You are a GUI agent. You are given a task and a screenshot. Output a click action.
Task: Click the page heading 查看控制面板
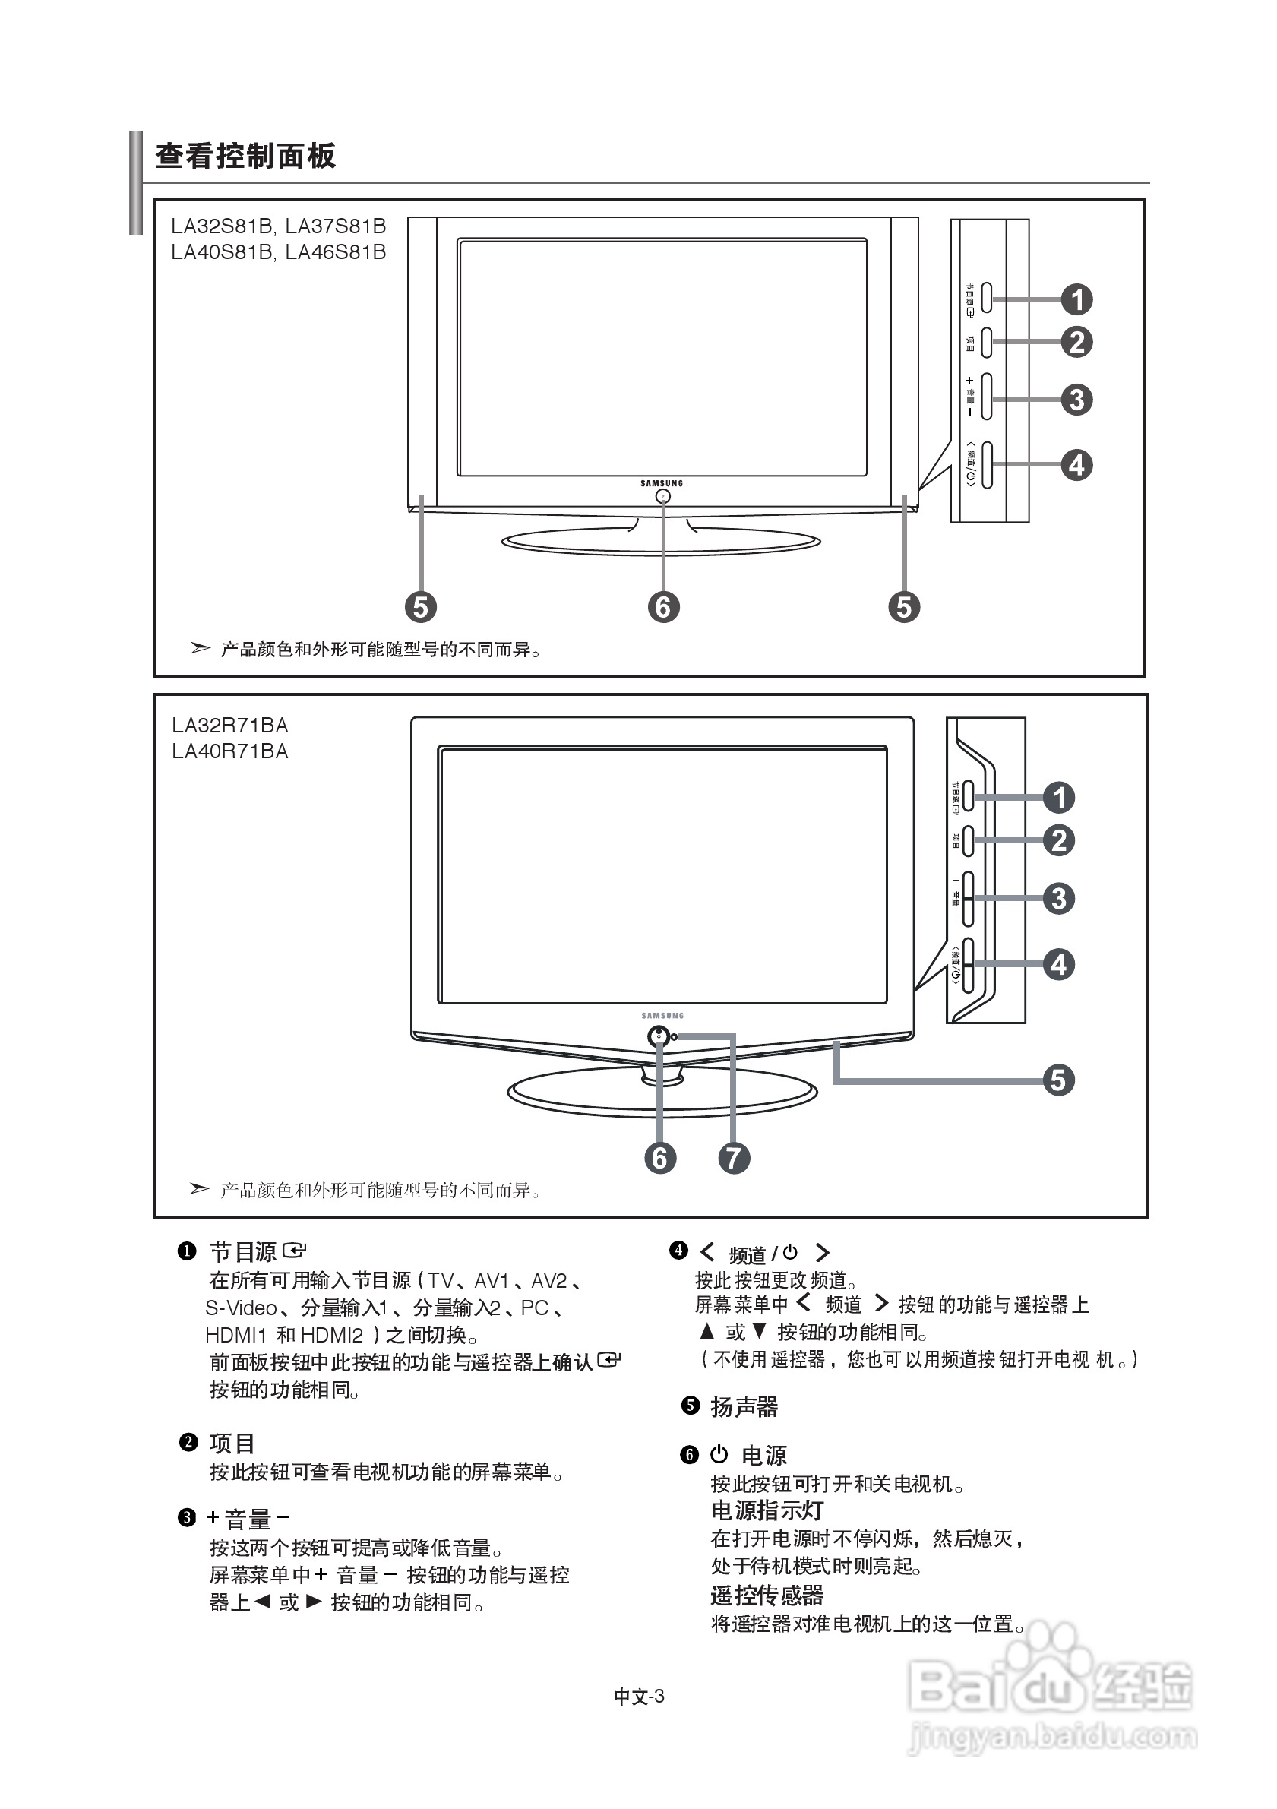point(245,156)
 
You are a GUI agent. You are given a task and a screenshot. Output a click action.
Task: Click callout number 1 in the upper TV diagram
point(1077,299)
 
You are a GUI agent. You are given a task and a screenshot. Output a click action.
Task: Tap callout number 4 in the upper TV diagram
point(1077,465)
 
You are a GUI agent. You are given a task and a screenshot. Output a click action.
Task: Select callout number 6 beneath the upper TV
point(663,607)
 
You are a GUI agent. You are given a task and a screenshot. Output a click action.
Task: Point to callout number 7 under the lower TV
point(733,1157)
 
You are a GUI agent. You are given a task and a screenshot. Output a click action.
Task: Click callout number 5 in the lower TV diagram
point(1058,1080)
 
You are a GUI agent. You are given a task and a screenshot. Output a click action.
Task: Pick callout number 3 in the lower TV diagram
point(1059,898)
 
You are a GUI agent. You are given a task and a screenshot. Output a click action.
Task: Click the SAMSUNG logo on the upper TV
point(662,483)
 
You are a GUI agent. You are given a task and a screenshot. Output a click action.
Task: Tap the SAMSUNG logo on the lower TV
point(662,1016)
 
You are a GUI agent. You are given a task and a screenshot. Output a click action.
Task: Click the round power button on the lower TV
point(659,1036)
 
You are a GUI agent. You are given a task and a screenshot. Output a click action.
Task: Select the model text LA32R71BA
point(230,726)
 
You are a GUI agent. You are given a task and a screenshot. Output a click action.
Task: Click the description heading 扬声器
point(744,1406)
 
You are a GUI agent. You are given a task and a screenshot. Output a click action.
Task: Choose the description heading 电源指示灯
point(767,1510)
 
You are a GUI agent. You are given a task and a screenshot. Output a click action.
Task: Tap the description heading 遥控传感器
point(767,1596)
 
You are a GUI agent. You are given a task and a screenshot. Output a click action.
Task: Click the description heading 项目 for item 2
point(232,1443)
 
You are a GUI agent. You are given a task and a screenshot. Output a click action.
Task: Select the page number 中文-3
point(639,1697)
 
